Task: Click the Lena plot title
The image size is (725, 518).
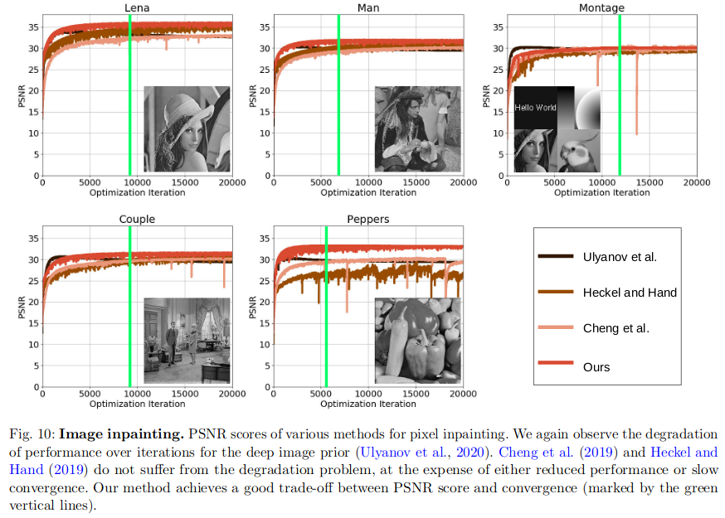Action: pyautogui.click(x=137, y=8)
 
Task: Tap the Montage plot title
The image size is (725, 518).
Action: pyautogui.click(x=601, y=8)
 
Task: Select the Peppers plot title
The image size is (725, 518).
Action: pyautogui.click(x=369, y=220)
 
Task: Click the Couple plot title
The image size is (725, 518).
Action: pyautogui.click(x=137, y=220)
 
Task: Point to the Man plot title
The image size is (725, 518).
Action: pyautogui.click(x=369, y=8)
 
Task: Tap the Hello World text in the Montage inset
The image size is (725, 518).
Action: pyautogui.click(x=535, y=107)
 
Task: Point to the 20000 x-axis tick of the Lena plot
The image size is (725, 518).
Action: pyautogui.click(x=231, y=183)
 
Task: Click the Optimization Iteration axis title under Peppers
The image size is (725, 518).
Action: pyautogui.click(x=368, y=404)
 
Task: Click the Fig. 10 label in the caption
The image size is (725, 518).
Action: pyautogui.click(x=31, y=434)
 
